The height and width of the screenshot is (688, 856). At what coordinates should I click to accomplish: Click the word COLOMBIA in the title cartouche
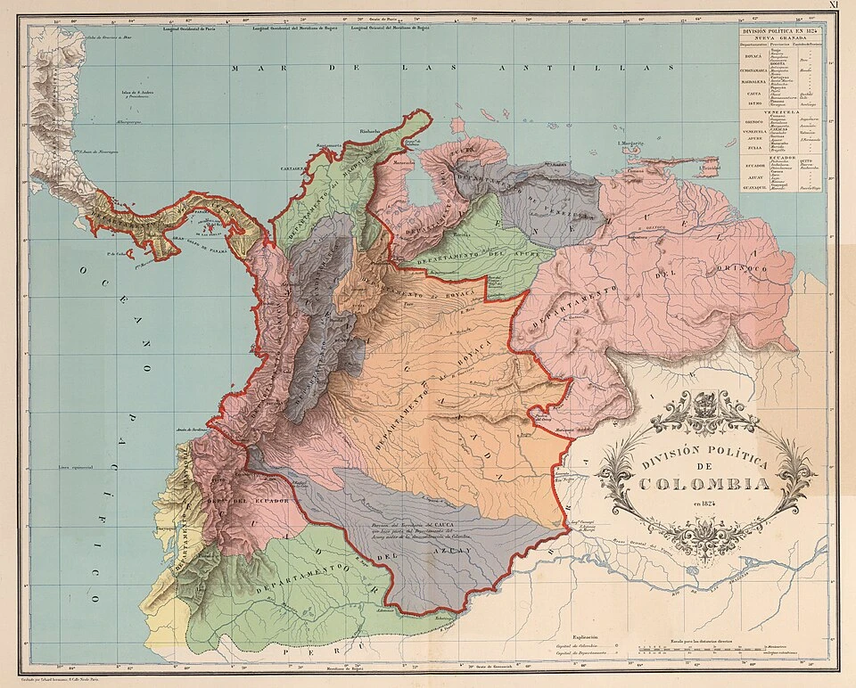tap(704, 484)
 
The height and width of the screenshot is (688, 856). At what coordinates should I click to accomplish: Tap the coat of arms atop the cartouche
tap(704, 400)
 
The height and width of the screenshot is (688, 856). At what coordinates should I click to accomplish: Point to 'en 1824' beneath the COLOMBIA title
tap(704, 505)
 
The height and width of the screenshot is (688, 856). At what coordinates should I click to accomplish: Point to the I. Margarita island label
tap(630, 142)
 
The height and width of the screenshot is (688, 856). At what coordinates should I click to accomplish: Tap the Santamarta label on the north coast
tap(329, 145)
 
